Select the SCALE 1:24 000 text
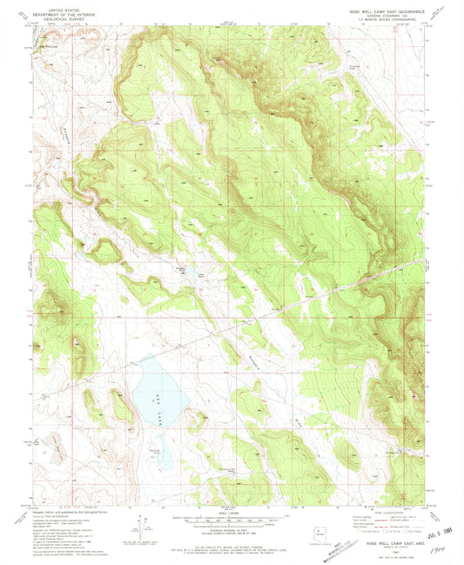pos(232,511)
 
